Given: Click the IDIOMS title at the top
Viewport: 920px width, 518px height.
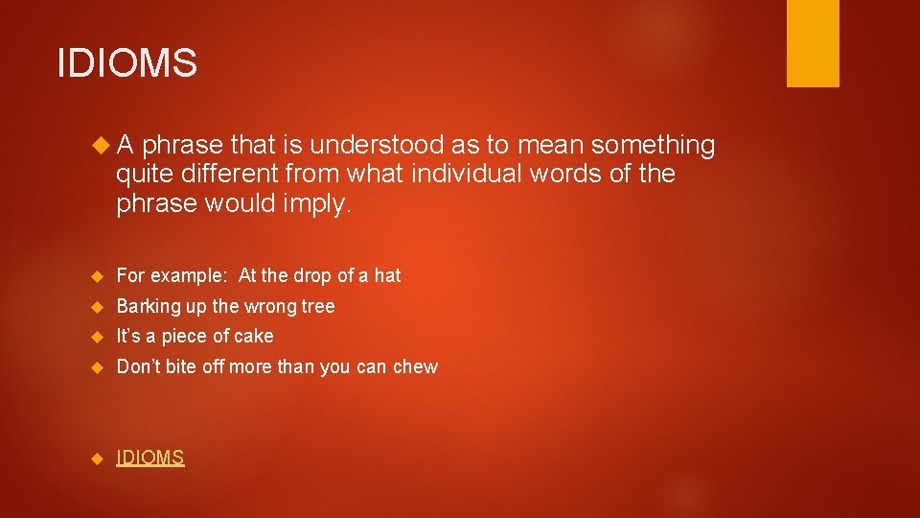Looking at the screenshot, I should coord(127,63).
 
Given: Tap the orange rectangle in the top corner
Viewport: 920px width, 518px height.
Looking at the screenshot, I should coord(812,43).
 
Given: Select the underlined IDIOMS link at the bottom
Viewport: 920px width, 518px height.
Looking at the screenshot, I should coord(150,458).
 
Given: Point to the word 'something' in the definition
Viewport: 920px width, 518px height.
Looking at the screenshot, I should coord(654,145).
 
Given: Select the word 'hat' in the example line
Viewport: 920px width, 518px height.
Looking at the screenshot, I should coord(387,275).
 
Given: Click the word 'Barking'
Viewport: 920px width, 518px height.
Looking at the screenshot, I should coord(149,306).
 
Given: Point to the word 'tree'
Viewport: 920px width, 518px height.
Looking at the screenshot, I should coord(318,306).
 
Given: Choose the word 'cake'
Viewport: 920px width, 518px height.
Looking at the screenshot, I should coord(254,336).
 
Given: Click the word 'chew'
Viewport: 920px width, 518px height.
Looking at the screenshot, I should coord(417,366).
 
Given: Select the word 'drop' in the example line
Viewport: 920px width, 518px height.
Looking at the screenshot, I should coord(310,275).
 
